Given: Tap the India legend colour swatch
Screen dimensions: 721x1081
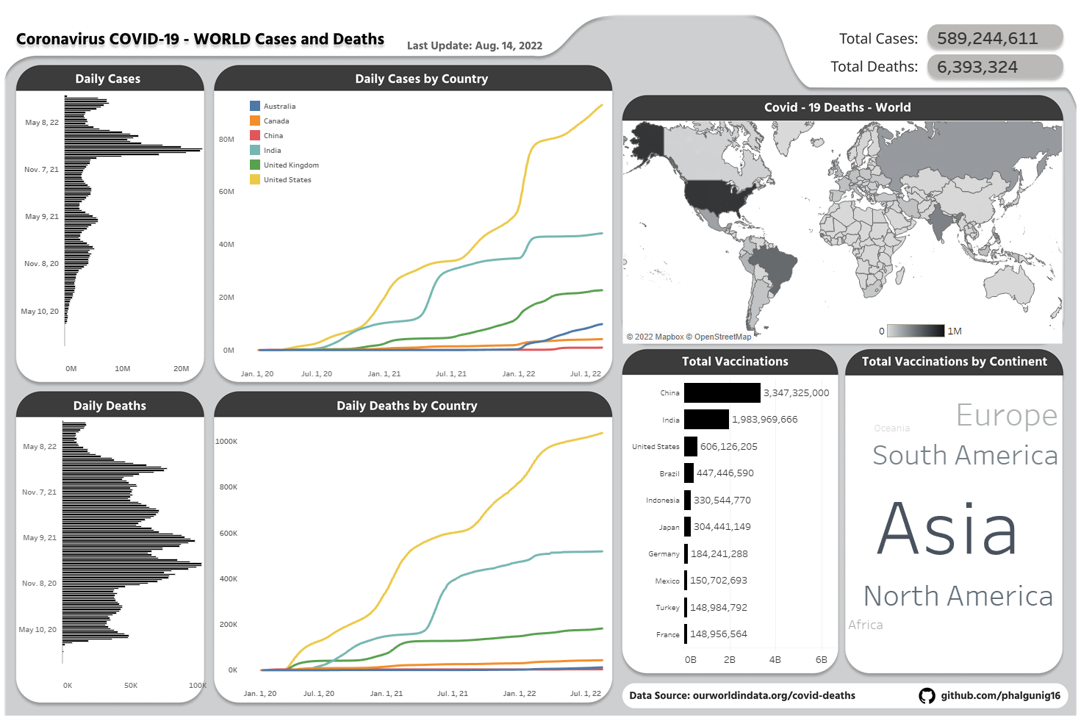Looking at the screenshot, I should tap(255, 150).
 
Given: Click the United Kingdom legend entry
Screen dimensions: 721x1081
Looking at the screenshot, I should tap(291, 165).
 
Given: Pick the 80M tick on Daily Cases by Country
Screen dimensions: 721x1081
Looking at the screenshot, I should tap(226, 139).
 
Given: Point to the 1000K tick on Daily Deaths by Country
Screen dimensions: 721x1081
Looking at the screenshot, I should tap(226, 442).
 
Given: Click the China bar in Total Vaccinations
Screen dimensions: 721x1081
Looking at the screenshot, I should tap(722, 393).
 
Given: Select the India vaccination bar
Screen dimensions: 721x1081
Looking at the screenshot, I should tap(706, 420).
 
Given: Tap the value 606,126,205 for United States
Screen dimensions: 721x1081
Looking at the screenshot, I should tap(728, 447).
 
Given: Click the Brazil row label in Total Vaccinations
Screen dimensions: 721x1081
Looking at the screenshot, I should tap(669, 474).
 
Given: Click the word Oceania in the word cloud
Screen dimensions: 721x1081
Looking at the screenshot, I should tap(891, 428).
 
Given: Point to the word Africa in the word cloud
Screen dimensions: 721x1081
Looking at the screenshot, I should tap(865, 625).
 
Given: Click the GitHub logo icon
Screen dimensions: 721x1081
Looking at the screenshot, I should tap(927, 695).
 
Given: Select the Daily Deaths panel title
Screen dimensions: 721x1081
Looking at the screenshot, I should tap(109, 406).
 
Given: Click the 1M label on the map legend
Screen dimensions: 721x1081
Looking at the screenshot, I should tap(954, 331).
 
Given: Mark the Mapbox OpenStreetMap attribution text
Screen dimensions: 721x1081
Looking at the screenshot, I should tap(689, 337).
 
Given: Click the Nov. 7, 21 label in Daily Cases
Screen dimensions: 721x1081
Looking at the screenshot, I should tap(41, 170).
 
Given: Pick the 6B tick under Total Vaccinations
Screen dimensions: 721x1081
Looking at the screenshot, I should tap(821, 660).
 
